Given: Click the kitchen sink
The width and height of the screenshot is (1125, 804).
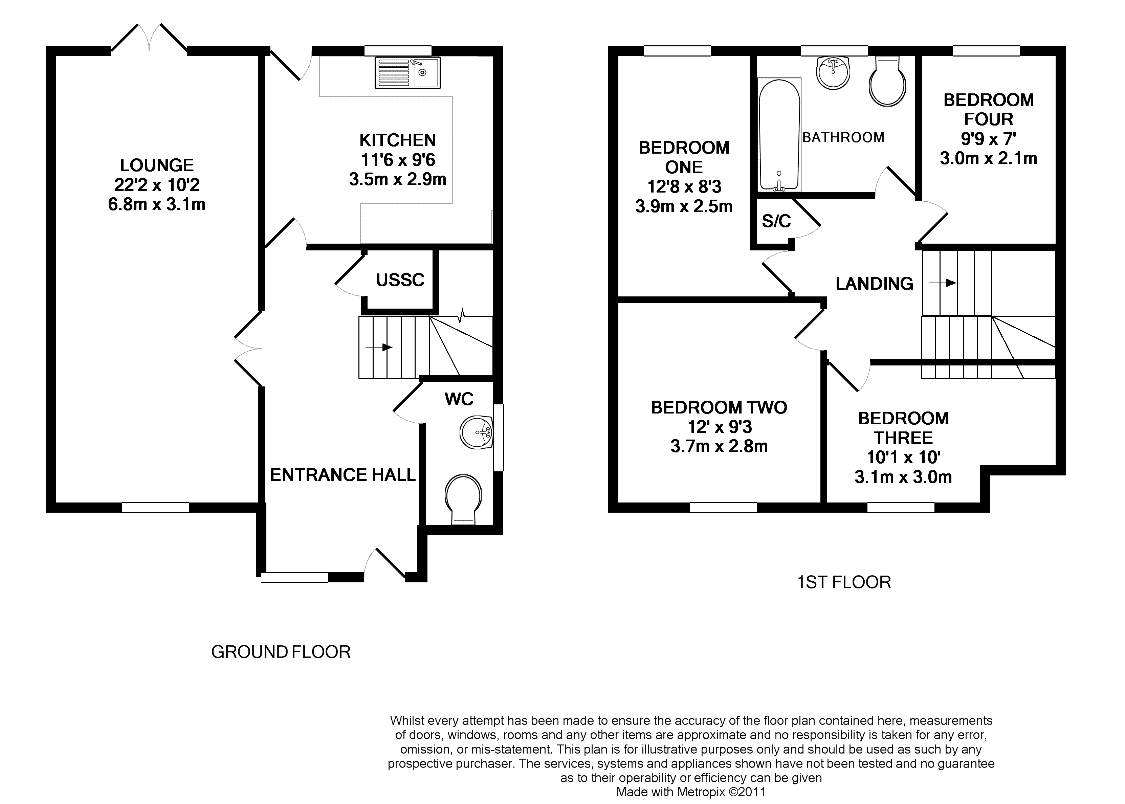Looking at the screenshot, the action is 407,73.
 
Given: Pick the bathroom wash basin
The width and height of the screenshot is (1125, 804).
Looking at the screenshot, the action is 833,72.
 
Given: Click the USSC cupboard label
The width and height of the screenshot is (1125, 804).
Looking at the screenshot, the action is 400,280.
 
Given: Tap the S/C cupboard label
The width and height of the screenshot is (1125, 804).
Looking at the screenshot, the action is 776,221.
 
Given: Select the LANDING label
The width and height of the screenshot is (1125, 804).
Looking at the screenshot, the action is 875,284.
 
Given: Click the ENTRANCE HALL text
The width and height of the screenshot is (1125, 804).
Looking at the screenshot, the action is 343,475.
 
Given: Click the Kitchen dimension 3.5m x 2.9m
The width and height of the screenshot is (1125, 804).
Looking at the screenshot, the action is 398,179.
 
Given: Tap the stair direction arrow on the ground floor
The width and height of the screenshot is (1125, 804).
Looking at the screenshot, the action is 379,348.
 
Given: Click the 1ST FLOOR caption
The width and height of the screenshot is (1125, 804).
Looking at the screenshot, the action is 844,582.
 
